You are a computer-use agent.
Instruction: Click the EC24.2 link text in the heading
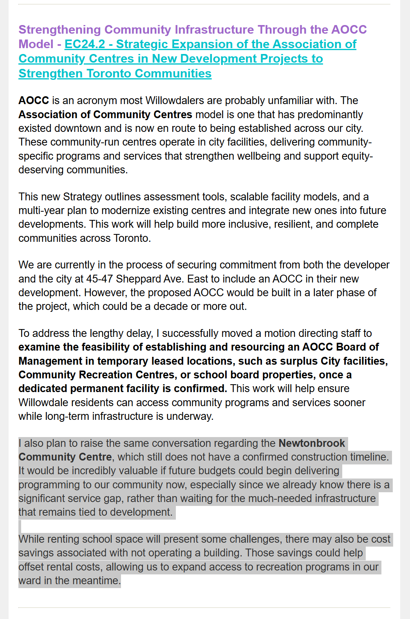click(x=85, y=44)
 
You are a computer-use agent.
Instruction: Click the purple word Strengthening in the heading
click(x=60, y=30)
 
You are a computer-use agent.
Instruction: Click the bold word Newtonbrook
click(x=312, y=443)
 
